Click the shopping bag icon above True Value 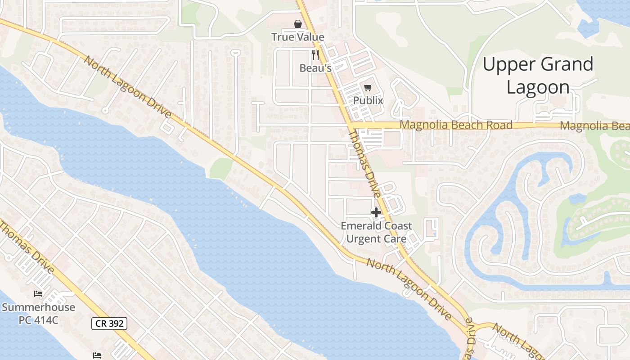(297, 23)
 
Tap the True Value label (297, 37)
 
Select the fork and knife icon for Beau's (315, 55)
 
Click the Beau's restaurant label (315, 68)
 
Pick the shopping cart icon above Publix (368, 87)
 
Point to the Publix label (368, 100)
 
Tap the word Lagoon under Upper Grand (538, 87)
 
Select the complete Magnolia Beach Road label (456, 125)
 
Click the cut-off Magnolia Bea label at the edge (594, 126)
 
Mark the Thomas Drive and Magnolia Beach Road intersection (351, 125)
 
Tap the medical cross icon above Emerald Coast (376, 212)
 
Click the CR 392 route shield (109, 323)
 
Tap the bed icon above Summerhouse (38, 294)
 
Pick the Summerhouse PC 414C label (38, 314)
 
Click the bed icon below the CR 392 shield (97, 355)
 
